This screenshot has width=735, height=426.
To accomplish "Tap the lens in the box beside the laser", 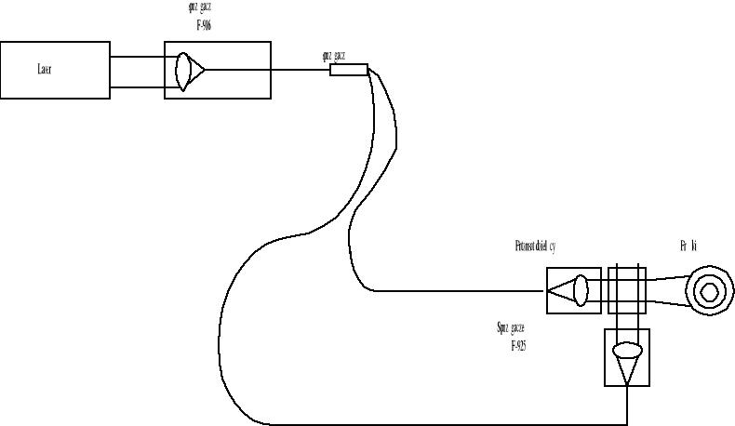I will [x=185, y=69].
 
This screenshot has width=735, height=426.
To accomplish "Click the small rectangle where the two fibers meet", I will [x=349, y=69].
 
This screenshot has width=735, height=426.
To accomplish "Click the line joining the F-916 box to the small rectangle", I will [x=300, y=69].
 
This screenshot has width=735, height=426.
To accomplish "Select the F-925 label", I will [x=521, y=345].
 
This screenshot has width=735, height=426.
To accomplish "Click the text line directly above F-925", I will [x=517, y=329].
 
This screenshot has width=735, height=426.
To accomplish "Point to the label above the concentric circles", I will [x=689, y=246].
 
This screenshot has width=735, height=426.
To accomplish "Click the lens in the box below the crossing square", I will [x=628, y=351].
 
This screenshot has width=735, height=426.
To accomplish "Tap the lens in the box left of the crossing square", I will [x=581, y=290].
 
